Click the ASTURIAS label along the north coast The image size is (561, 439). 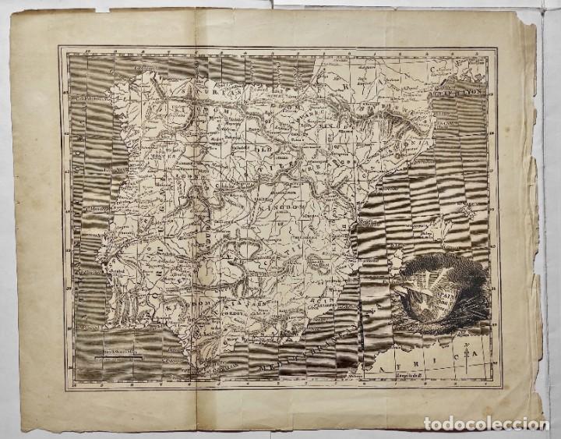pyautogui.click(x=195, y=78)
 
